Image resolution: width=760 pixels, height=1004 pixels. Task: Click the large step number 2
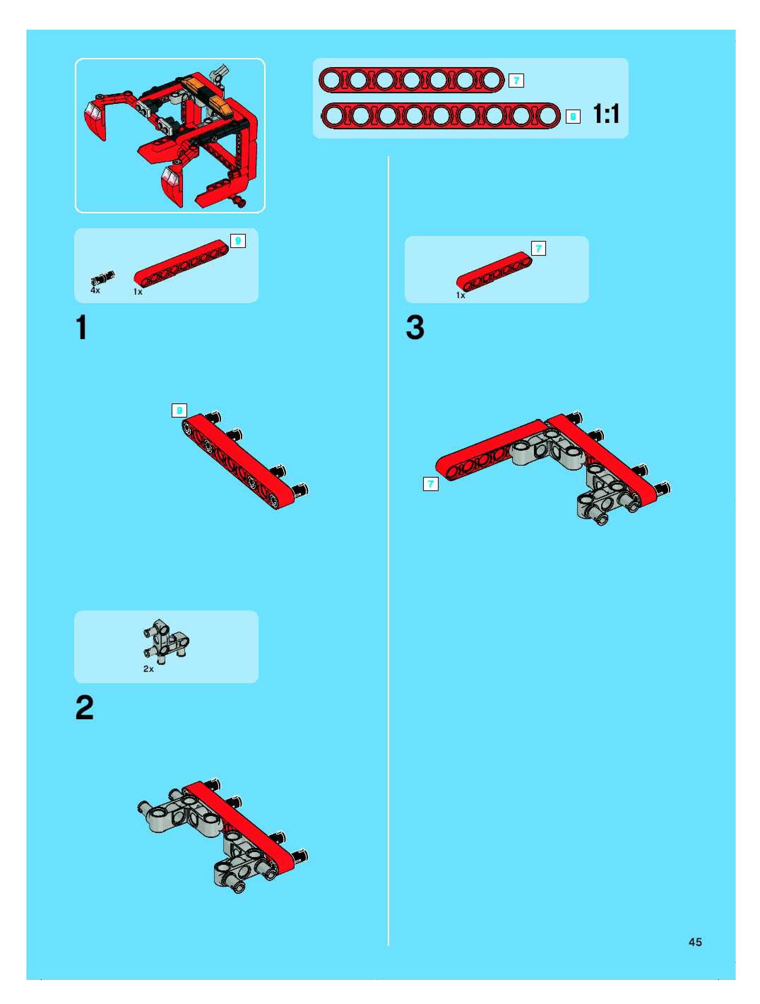click(84, 708)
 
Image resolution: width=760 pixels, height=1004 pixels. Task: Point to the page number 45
click(695, 942)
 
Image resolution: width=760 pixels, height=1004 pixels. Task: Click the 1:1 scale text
click(606, 113)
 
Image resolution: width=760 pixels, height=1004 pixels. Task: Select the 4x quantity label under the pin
click(95, 290)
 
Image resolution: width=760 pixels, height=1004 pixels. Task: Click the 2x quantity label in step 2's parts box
click(148, 669)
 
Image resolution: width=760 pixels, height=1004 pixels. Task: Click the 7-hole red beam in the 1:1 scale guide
click(411, 80)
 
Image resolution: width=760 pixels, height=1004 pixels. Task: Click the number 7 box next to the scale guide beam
click(516, 81)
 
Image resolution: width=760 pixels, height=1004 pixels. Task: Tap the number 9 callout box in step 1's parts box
click(238, 241)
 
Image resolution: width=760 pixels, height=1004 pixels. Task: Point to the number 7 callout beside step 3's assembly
click(431, 484)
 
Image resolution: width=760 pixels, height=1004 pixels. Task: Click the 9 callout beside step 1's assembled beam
click(179, 410)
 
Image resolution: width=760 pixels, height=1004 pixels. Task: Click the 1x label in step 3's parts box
click(461, 295)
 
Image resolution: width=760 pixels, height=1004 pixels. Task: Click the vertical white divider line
click(388, 551)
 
